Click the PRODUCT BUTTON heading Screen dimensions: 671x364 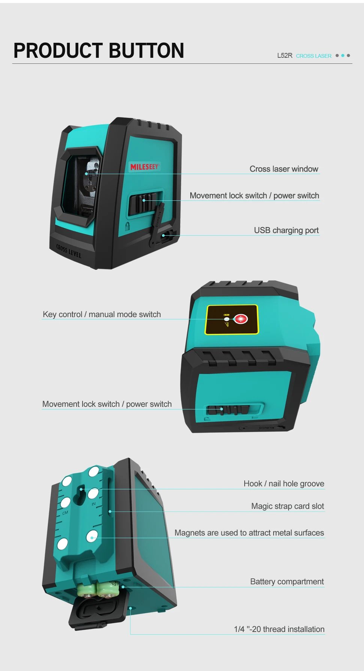click(99, 51)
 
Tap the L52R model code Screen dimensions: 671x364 click(284, 56)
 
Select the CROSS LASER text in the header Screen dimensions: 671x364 click(314, 56)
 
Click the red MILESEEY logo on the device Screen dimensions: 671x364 click(144, 167)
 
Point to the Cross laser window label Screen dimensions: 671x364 click(284, 169)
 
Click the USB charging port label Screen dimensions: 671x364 click(286, 230)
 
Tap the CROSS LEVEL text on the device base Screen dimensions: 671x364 click(69, 251)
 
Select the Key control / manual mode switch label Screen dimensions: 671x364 click(102, 314)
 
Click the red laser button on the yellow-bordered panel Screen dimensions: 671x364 click(241, 319)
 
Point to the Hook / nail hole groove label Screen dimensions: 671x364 click(284, 483)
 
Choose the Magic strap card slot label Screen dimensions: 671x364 click(287, 506)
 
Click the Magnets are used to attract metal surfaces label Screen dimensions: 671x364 click(249, 533)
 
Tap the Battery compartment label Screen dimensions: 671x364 click(287, 581)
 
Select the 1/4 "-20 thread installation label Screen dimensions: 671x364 click(279, 629)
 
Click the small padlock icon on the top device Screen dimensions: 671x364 click(128, 226)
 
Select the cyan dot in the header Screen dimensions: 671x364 click(343, 56)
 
